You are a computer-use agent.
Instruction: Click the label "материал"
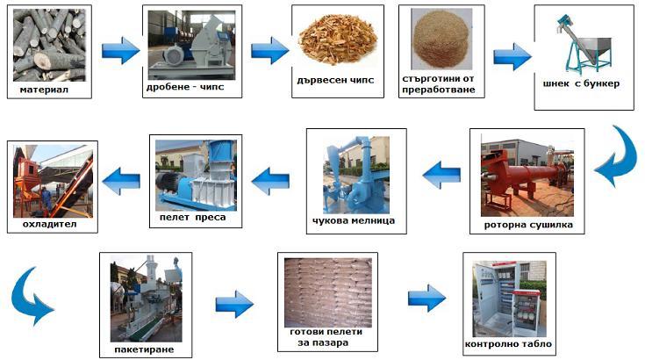point(45,89)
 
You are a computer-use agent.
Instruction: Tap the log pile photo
point(49,43)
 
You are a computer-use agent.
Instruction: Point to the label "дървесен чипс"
point(336,80)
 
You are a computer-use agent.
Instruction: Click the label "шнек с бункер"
point(582,84)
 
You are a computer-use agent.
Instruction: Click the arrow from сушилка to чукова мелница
point(441,176)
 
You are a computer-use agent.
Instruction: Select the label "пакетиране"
point(145,349)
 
